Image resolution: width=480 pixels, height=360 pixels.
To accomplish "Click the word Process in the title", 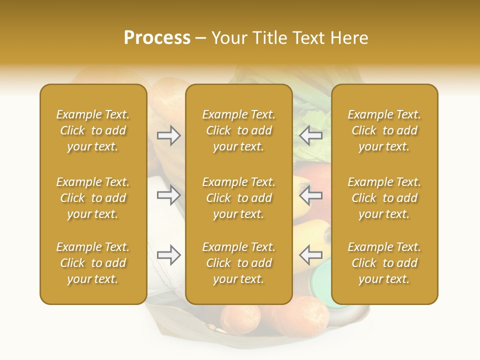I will pos(157,38).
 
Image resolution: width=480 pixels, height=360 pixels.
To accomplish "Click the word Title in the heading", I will pos(271,38).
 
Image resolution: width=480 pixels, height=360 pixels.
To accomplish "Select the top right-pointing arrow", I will pos(168,135).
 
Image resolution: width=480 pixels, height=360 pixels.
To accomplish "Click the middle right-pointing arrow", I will pos(168,194).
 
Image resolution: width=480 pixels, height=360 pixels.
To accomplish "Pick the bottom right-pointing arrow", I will pos(168,255).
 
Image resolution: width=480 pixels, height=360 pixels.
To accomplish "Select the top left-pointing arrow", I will pos(311,135).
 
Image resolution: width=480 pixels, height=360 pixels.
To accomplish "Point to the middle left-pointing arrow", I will pos(311,194).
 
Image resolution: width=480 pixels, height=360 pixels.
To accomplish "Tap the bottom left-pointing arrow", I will pos(311,255).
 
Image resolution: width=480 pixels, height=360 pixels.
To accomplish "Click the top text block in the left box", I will pos(93,130).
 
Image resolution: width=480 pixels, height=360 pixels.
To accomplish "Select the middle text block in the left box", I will pos(93,198).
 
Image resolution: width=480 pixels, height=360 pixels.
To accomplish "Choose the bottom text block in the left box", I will pos(93,263).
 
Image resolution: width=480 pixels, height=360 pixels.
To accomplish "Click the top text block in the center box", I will pos(238,130).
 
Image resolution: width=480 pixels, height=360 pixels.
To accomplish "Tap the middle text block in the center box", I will pos(238,198).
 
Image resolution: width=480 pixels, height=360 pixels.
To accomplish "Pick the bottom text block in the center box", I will pos(238,263).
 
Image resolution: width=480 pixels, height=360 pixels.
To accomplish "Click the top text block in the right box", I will pos(384,130).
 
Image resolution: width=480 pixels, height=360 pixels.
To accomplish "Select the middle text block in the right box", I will pos(384,198).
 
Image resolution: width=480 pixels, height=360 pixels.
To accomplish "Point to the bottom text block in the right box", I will pos(384,263).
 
